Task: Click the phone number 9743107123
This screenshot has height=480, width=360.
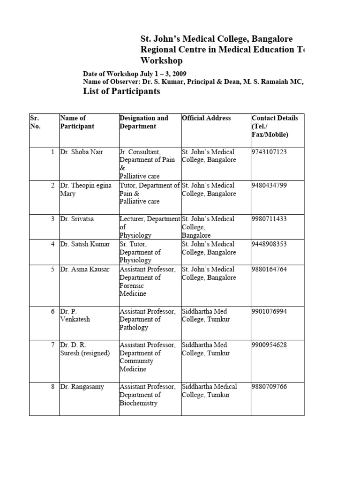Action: click(x=270, y=152)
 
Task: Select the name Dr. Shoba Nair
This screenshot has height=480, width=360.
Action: click(x=82, y=152)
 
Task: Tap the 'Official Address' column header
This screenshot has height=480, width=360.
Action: click(x=206, y=118)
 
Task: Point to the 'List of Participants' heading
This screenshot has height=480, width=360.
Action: click(x=121, y=91)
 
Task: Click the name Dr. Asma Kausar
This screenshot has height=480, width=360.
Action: click(x=85, y=269)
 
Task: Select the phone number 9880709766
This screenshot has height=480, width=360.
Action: click(x=270, y=387)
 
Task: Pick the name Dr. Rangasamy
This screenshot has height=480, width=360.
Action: click(x=82, y=387)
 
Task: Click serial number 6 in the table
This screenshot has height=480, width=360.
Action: click(x=53, y=311)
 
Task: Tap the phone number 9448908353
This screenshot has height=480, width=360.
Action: click(x=270, y=244)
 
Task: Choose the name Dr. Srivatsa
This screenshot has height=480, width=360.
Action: click(x=77, y=219)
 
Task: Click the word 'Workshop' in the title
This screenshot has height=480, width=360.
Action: click(x=162, y=61)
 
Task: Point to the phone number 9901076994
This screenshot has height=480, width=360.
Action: click(x=270, y=311)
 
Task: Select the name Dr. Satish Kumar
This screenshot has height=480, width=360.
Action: click(x=85, y=244)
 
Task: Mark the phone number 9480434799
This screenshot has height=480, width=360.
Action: click(x=270, y=185)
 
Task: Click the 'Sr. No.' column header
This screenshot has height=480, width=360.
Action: click(x=35, y=122)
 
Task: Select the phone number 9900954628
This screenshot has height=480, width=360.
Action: click(x=270, y=345)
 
